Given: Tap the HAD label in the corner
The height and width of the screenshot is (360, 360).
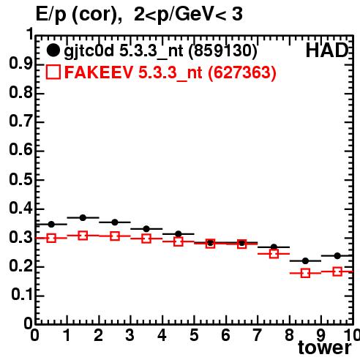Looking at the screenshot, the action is [x=327, y=50].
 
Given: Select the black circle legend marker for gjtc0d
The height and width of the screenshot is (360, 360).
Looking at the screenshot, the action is [x=53, y=50].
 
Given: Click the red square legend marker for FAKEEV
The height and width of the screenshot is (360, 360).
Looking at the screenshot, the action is [x=53, y=72].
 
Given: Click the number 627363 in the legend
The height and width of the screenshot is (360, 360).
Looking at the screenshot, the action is [x=242, y=72].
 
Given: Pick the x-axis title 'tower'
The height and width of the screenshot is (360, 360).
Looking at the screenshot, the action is [x=325, y=348].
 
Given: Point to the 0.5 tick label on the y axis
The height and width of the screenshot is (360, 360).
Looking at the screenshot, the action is [x=20, y=179].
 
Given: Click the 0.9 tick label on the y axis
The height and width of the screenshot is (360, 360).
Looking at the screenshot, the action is [x=20, y=64].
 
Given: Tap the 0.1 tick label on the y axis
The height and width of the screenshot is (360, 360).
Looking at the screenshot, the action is [x=22, y=295].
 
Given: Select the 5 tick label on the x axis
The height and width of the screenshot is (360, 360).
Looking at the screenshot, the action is [x=194, y=335].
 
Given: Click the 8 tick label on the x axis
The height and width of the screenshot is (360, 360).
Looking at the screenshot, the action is [x=289, y=335].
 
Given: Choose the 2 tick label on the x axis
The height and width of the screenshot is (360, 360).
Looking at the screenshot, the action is [x=99, y=335].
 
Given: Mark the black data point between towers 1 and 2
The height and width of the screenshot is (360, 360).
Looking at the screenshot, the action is [x=83, y=217].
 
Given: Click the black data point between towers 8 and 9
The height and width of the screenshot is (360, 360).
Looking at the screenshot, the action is [x=305, y=261].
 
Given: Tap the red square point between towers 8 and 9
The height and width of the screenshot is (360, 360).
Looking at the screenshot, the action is [x=305, y=273].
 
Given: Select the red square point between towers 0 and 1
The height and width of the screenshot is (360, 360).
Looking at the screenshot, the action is [x=51, y=238].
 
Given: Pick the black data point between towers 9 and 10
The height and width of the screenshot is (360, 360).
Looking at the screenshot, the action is [x=337, y=256].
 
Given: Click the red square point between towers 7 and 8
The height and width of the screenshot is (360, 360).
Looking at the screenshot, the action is [x=274, y=254].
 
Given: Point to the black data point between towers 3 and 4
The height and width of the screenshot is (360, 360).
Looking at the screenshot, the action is [x=146, y=229].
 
